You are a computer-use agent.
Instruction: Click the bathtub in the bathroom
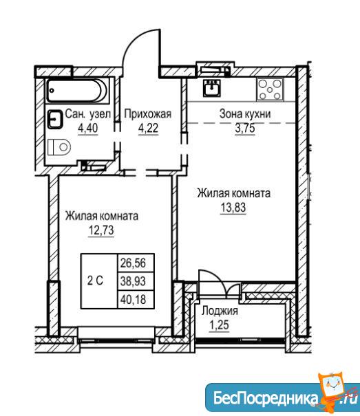(x=77, y=91)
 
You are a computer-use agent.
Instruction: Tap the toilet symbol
(x=59, y=147)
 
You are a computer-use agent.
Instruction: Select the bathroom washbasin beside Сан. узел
(x=56, y=120)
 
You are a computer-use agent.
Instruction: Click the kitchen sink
(x=212, y=88)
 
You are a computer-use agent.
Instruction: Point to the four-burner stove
(x=270, y=89)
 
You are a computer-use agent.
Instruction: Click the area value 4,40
(x=88, y=128)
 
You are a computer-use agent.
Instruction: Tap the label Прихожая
(x=148, y=114)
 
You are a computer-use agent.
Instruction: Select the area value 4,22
(x=148, y=128)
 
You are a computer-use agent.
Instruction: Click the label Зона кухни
(x=245, y=114)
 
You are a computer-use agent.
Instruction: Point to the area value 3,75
(x=245, y=128)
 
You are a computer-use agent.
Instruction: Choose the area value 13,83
(x=233, y=208)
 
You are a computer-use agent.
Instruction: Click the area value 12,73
(x=101, y=230)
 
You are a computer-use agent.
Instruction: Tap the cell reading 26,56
(x=136, y=263)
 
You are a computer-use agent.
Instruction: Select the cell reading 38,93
(x=136, y=281)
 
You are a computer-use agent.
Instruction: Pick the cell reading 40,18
(x=136, y=299)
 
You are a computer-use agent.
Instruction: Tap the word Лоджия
(x=220, y=311)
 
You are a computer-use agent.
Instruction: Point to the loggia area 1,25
(x=219, y=325)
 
